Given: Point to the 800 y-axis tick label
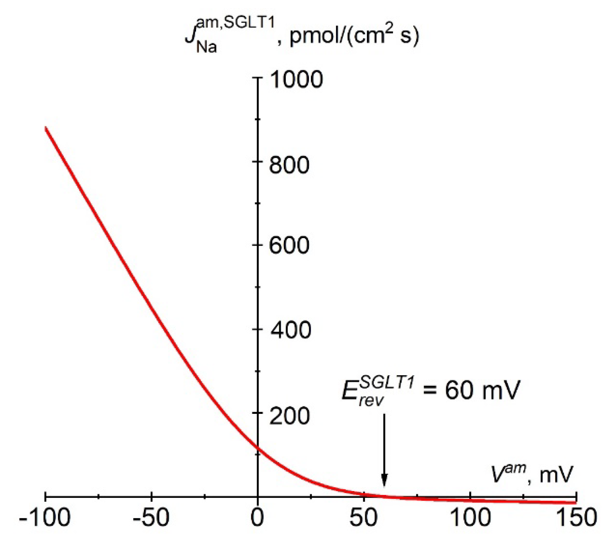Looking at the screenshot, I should [x=289, y=165].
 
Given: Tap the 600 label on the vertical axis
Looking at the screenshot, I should [x=289, y=245].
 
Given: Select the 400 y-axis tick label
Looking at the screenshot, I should [x=291, y=330].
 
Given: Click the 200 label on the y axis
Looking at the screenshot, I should [x=290, y=416].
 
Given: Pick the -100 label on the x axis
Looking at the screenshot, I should [x=45, y=518].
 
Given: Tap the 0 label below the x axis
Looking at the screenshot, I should [x=257, y=518].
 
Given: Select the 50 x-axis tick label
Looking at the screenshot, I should [x=364, y=518].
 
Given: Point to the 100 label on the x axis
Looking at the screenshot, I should [x=470, y=518].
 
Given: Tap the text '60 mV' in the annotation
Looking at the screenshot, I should [x=482, y=390].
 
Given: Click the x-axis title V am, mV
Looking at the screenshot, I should [x=532, y=474].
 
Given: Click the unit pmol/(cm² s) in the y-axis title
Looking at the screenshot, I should [x=354, y=35].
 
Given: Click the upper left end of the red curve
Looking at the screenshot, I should [x=46, y=128].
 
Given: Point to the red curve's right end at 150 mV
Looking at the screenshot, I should [x=575, y=502].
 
